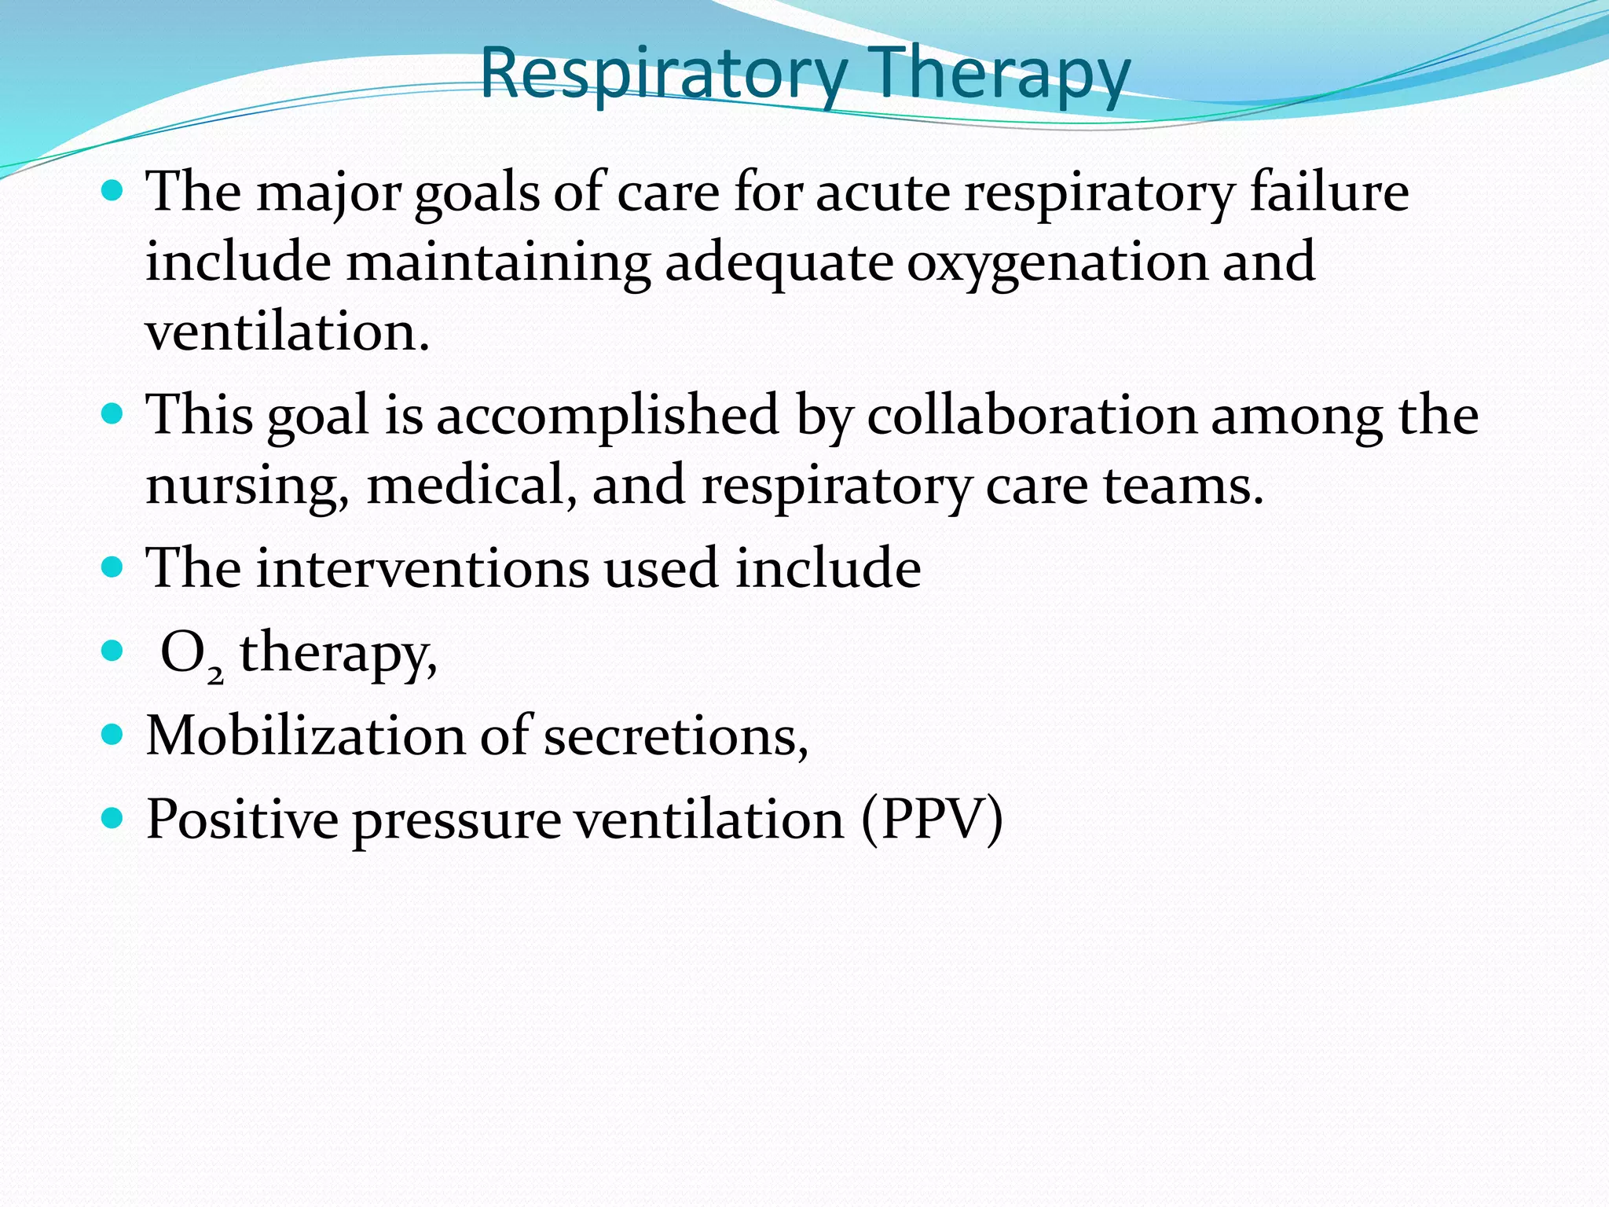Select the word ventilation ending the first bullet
[287, 332]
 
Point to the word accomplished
[607, 416]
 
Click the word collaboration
[1032, 416]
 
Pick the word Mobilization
[306, 736]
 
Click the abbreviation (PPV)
[932, 820]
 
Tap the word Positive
[242, 820]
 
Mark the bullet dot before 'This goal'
[113, 413]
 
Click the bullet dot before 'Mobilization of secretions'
[113, 734]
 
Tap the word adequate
[779, 263]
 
